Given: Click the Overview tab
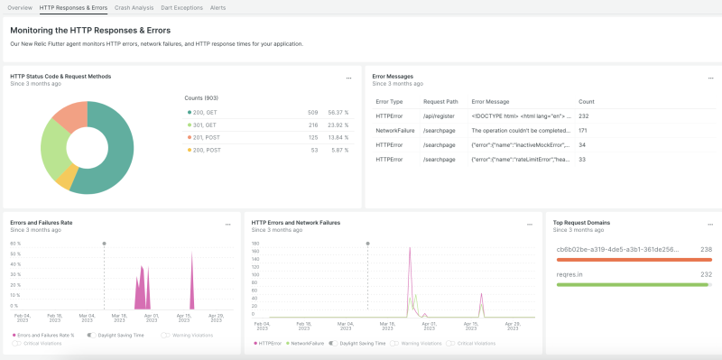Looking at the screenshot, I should (19, 7).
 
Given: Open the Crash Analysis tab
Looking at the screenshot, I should (134, 7).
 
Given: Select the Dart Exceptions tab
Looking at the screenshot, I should (181, 7).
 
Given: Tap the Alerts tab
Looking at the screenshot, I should (218, 7).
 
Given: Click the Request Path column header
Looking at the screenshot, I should (440, 102).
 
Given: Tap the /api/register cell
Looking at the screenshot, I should (438, 115).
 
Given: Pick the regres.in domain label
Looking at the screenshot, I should (570, 274).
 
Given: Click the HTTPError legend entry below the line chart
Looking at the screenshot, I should (270, 343).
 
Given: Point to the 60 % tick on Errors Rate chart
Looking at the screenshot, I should (15, 244).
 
